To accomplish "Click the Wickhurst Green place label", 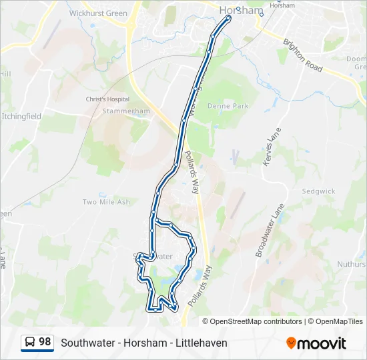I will click(x=99, y=13).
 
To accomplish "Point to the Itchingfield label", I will click(x=21, y=116).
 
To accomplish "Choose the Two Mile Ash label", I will click(x=106, y=202).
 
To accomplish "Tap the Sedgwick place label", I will click(x=318, y=191).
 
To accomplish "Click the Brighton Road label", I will click(x=303, y=55).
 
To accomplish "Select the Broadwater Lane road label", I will click(x=270, y=230).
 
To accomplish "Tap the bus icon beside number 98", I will click(x=30, y=343).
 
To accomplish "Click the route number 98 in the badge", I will click(x=45, y=342).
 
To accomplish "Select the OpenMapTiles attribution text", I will click(x=339, y=321).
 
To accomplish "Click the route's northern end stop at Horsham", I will click(x=228, y=18).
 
